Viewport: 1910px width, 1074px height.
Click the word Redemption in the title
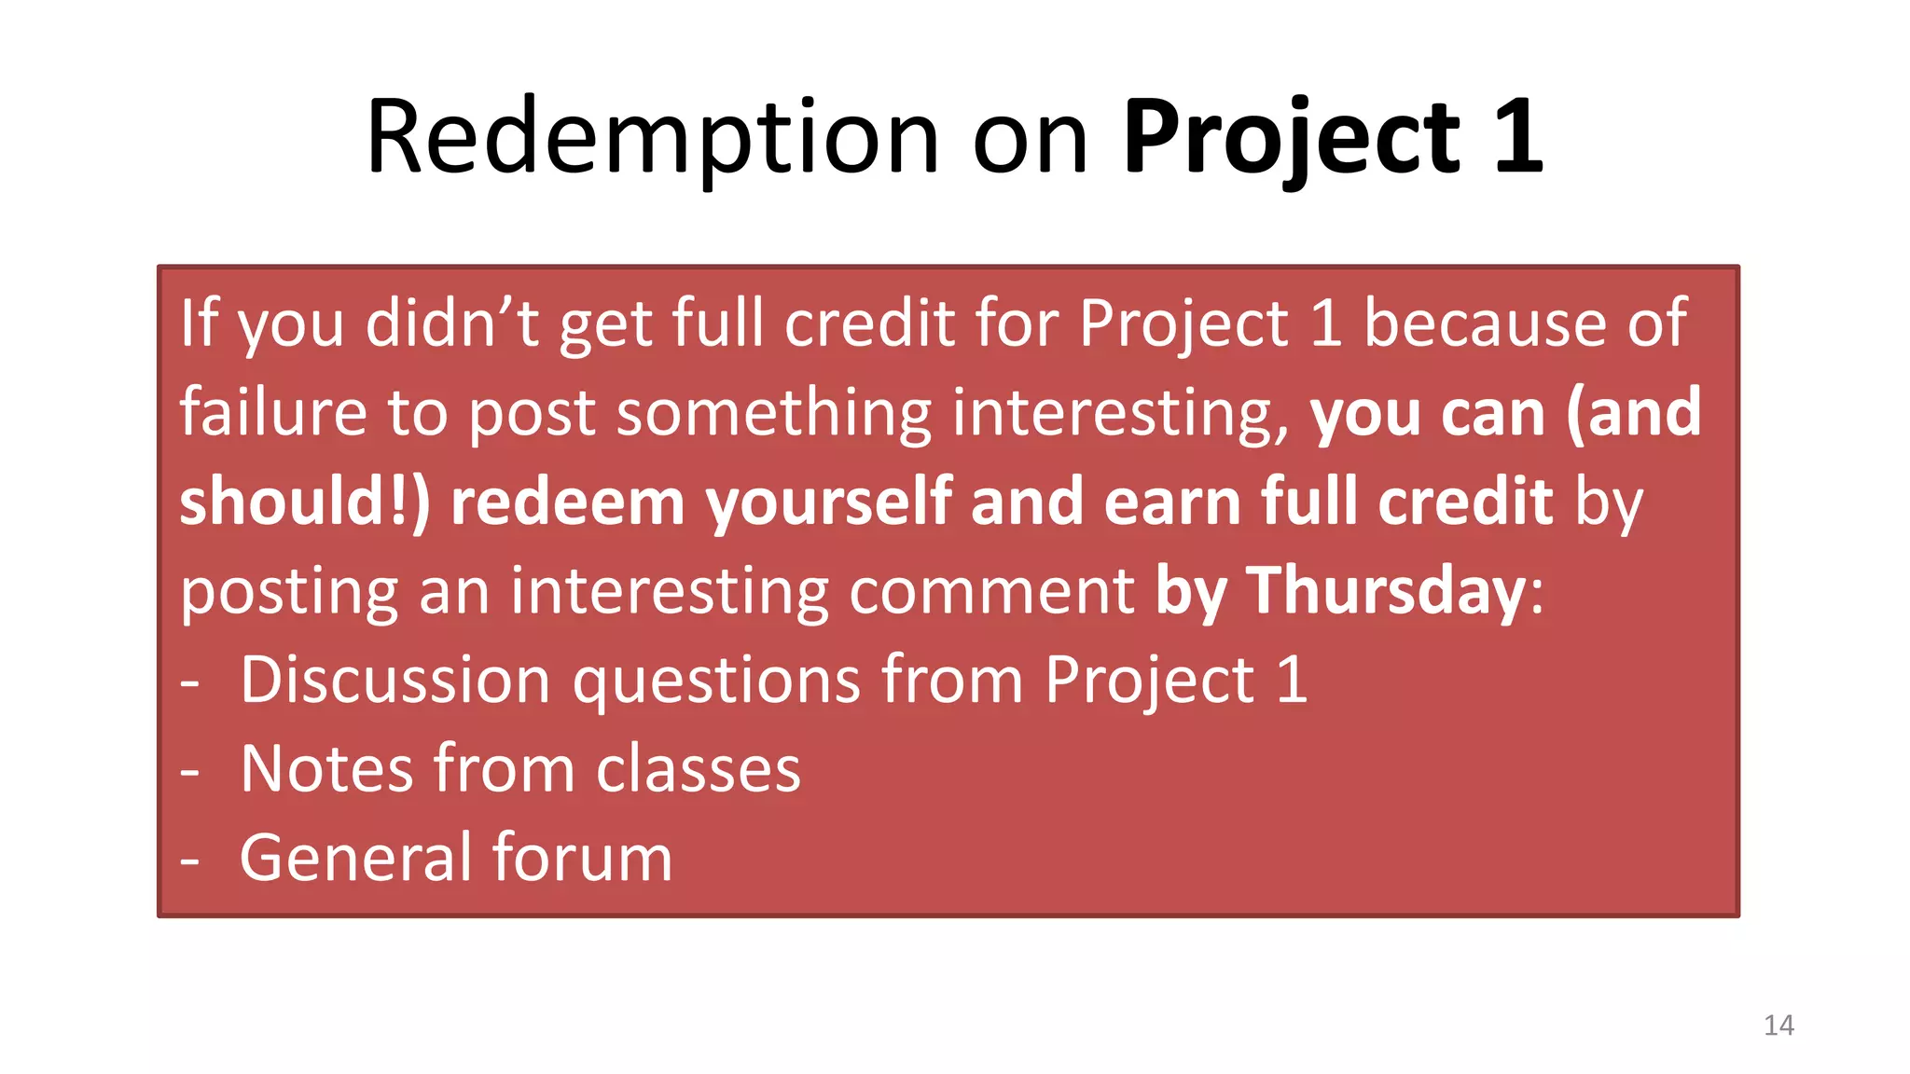tap(652, 138)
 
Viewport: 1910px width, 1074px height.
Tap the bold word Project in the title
tap(1291, 138)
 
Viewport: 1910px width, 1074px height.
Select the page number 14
tap(1779, 1026)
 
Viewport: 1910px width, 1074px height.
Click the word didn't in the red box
tap(452, 323)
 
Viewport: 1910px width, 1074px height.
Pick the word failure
tap(273, 412)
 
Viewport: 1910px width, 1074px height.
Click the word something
tap(773, 412)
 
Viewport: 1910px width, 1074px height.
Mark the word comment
tap(991, 591)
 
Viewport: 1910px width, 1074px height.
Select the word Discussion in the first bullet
tap(395, 679)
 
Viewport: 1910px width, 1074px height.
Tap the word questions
tap(716, 681)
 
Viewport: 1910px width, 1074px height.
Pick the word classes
tap(699, 769)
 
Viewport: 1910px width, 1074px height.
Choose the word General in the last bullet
tap(355, 858)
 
